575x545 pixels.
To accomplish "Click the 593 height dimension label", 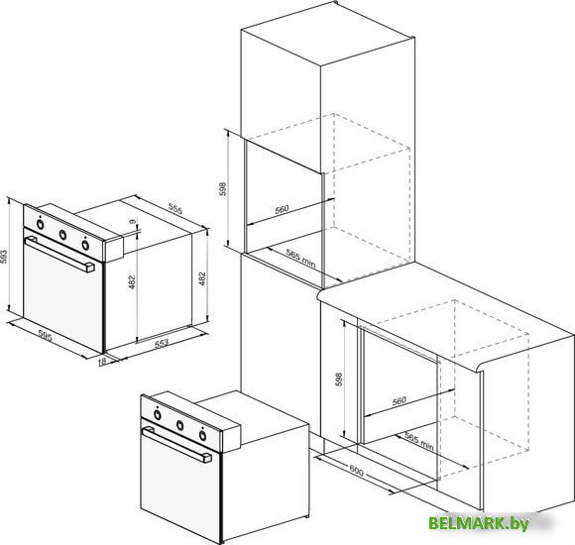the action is (x=4, y=258).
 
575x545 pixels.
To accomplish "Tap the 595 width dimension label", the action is (x=45, y=335).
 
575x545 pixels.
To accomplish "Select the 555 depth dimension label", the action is (x=175, y=208).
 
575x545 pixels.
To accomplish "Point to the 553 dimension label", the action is (x=162, y=343).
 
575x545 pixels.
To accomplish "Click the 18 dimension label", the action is (x=102, y=362).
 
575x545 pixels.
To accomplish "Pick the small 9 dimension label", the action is (x=133, y=222).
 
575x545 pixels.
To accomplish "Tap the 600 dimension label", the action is (x=356, y=471).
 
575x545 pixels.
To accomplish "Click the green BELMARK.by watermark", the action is (x=479, y=523).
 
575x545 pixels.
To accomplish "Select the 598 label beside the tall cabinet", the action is (x=223, y=188).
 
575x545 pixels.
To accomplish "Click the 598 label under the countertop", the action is (x=338, y=380).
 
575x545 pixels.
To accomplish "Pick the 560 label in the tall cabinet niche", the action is (x=282, y=210).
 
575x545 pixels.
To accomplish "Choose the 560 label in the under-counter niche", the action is (x=400, y=400).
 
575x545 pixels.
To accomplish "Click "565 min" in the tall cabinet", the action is (x=300, y=258).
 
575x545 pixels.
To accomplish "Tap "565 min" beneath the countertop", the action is (x=419, y=441).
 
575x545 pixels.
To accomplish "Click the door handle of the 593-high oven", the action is (x=59, y=254).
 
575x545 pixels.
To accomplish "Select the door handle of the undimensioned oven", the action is (x=176, y=445).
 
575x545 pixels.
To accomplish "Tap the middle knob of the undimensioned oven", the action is (x=180, y=425).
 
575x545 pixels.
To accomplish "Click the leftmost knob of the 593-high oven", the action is (x=41, y=224).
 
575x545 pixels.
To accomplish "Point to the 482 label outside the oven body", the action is (x=202, y=278).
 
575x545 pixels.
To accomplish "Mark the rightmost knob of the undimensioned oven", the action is (x=202, y=435).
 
